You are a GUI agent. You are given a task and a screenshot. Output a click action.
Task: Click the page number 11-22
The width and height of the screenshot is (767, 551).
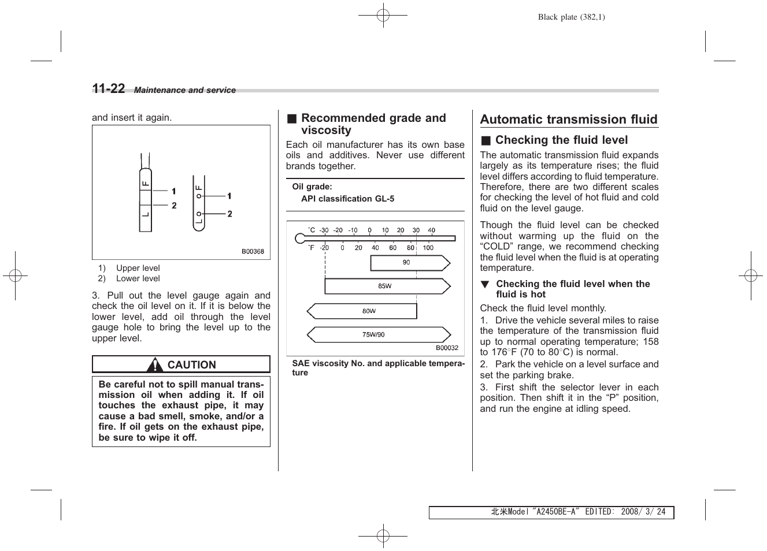(108, 88)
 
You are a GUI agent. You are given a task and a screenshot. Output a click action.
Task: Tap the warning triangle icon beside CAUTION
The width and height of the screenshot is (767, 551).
(154, 365)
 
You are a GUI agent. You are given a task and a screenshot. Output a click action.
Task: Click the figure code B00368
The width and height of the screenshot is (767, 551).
(253, 252)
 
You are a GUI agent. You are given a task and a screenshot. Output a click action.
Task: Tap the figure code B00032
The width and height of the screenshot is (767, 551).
(447, 348)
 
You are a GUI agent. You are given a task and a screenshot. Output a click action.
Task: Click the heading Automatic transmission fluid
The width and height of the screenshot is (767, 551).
(569, 120)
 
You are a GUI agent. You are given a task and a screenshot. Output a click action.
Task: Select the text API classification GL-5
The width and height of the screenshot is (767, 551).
(347, 199)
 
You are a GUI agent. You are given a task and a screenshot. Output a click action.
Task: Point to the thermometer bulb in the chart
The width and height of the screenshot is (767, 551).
(299, 239)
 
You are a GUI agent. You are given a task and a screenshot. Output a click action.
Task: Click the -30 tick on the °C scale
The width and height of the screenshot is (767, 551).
(324, 230)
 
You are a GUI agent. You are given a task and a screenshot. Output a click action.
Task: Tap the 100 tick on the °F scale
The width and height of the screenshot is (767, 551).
(428, 248)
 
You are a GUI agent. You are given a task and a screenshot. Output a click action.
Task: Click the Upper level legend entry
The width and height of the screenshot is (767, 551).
(138, 268)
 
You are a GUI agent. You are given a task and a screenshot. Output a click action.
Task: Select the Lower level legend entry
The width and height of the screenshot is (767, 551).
(138, 278)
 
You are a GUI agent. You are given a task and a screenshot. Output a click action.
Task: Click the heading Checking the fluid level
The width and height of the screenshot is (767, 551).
(561, 140)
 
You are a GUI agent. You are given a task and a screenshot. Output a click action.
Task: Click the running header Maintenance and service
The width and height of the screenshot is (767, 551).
(185, 90)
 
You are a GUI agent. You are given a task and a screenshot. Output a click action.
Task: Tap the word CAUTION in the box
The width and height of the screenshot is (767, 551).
(191, 365)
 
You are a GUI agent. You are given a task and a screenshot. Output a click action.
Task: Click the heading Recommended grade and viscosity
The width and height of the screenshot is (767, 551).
(373, 124)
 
